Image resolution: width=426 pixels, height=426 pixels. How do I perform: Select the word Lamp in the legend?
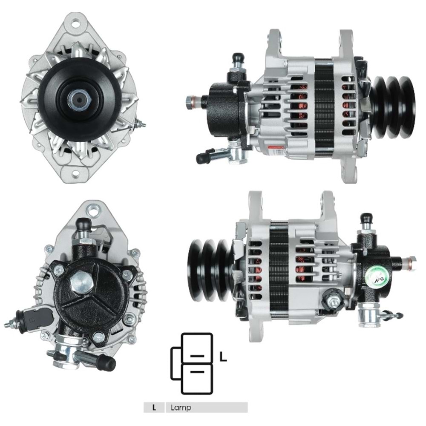click(181, 407)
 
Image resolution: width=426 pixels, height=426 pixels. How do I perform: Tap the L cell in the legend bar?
click(154, 407)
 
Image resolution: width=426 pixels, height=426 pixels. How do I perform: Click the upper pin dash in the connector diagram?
click(196, 355)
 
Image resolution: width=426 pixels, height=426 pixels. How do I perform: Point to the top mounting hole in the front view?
click(75, 23)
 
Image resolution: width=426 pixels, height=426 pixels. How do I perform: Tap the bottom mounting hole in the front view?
click(75, 173)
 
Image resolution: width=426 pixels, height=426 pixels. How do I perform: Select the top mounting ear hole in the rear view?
click(93, 209)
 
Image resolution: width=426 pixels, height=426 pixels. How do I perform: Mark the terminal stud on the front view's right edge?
click(139, 124)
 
